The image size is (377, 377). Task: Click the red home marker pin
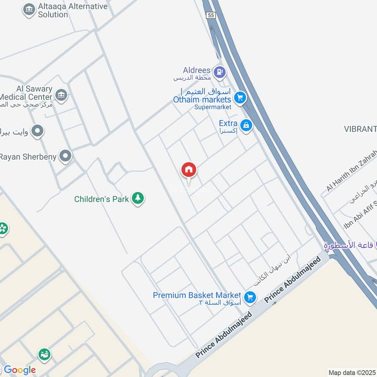[189, 170]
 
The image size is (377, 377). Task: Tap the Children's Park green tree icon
[138, 198]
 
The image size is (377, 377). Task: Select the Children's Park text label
[101, 199]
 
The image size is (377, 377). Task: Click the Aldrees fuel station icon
[219, 72]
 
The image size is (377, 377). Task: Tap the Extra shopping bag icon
[246, 125]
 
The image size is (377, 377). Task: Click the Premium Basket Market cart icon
[250, 296]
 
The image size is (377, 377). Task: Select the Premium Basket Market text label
[197, 295]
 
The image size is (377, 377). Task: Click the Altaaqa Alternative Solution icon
[29, 10]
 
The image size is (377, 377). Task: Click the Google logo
[19, 370]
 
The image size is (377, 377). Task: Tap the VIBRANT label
[361, 129]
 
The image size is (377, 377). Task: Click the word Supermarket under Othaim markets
[213, 107]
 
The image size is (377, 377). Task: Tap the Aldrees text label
[196, 70]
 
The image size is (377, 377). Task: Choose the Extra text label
[228, 123]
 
